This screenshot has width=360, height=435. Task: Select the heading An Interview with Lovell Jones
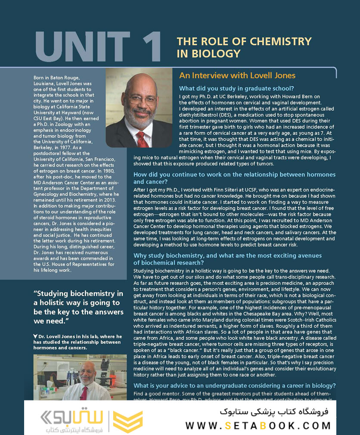coord(237,75)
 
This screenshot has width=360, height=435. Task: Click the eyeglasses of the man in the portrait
coord(141,99)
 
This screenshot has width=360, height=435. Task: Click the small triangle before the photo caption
coord(35,336)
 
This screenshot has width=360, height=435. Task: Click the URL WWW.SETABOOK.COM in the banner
coord(258,426)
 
